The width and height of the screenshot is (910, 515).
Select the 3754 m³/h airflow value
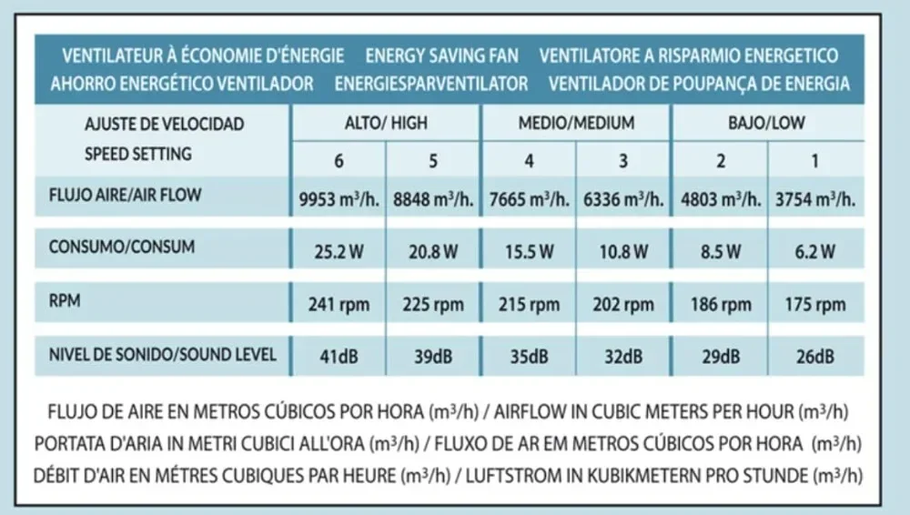coord(814,199)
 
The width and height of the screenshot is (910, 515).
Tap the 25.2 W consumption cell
coord(339,252)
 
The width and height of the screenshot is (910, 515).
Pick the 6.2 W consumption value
coord(814,252)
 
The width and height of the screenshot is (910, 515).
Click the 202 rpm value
coord(623,305)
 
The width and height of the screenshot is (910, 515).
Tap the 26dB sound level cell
coord(814,357)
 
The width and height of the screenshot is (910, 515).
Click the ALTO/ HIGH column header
coord(386,123)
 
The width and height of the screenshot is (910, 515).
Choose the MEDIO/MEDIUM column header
coord(576,123)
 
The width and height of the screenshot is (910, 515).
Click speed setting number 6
coord(339,162)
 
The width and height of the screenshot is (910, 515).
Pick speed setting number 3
coord(623,162)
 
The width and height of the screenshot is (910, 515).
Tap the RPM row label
coord(65,302)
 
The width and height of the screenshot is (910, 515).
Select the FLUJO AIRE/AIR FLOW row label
coord(126,194)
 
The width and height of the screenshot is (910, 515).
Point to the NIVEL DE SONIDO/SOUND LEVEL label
coord(162,354)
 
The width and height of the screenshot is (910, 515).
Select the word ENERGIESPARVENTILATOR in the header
coord(430,84)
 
